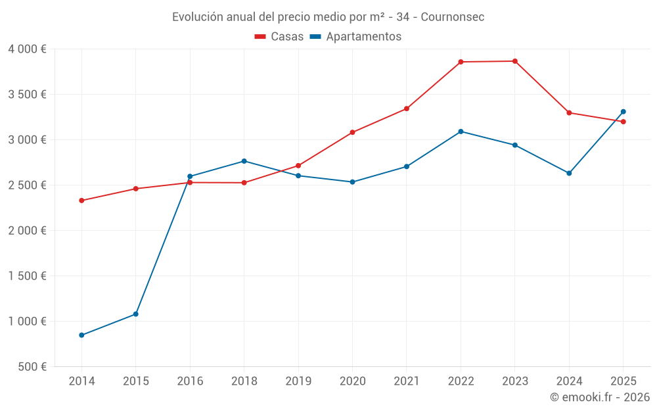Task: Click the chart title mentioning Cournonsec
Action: (x=328, y=17)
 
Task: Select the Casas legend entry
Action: (x=279, y=37)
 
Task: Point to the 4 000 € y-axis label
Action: (x=27, y=49)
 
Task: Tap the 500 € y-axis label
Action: (x=32, y=367)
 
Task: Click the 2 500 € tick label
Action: (x=27, y=185)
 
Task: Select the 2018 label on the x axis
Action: (x=244, y=381)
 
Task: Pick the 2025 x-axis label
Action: (x=623, y=381)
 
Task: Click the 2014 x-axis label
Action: (x=81, y=381)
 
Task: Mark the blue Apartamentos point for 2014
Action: (x=81, y=335)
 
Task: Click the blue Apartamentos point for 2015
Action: (x=136, y=314)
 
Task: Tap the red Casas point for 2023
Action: (x=515, y=61)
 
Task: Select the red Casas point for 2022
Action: (x=461, y=62)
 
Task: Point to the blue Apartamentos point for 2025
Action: (x=623, y=112)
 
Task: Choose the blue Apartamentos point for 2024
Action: (x=569, y=174)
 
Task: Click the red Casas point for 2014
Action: (x=81, y=201)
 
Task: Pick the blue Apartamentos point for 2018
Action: (x=244, y=161)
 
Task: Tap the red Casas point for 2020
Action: (x=352, y=132)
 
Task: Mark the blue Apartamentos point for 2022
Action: (x=461, y=132)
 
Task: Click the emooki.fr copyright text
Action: (x=599, y=397)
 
